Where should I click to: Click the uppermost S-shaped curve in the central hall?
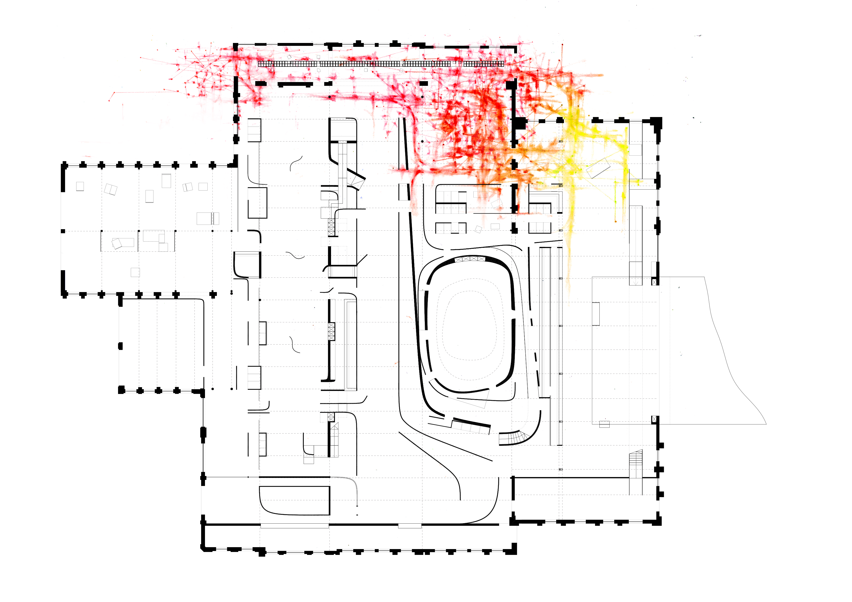point(296,163)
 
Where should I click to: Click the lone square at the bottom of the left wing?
point(135,272)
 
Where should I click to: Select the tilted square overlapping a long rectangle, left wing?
point(117,243)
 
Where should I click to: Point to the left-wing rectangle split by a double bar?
point(208,218)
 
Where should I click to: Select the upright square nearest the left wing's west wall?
point(80,186)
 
